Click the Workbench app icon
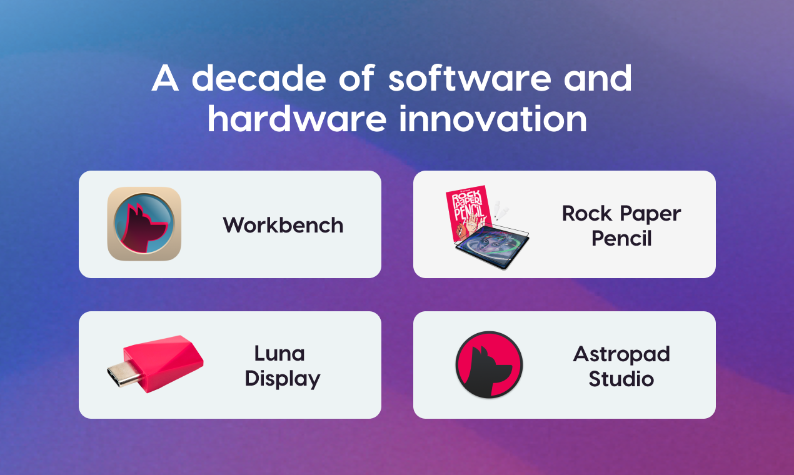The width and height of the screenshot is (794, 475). [144, 224]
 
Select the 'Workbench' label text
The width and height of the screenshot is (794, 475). [283, 225]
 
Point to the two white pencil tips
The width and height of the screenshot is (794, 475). [501, 210]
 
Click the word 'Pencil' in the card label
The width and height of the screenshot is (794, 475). [621, 238]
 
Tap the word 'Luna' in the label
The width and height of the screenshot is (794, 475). [279, 354]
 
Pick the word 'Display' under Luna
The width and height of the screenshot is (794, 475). [283, 379]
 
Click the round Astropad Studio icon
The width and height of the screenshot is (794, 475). [489, 364]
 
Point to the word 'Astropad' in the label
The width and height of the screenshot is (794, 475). [621, 354]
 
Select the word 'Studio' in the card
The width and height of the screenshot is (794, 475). [621, 379]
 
